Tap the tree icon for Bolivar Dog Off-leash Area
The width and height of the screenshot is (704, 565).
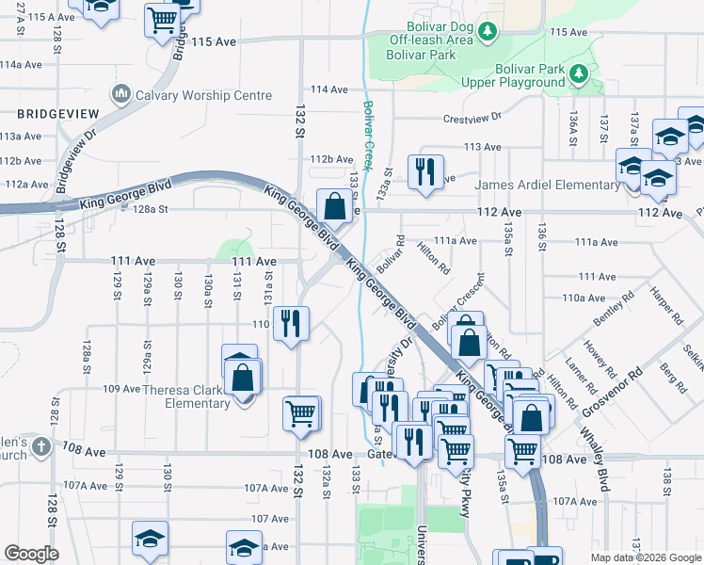(x=487, y=34)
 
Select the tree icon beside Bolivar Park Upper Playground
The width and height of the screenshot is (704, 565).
(x=580, y=72)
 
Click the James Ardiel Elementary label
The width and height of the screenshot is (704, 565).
(x=546, y=185)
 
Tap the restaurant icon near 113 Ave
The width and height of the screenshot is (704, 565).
(x=424, y=172)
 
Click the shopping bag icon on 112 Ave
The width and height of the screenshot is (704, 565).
(x=334, y=204)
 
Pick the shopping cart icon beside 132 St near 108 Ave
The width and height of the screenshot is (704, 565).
(x=301, y=412)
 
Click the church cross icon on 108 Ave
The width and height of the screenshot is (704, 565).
(x=40, y=447)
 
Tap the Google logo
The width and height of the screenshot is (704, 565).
(x=31, y=554)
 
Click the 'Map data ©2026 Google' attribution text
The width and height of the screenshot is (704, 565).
(x=647, y=557)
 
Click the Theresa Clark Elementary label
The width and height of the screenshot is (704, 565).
(x=184, y=396)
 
